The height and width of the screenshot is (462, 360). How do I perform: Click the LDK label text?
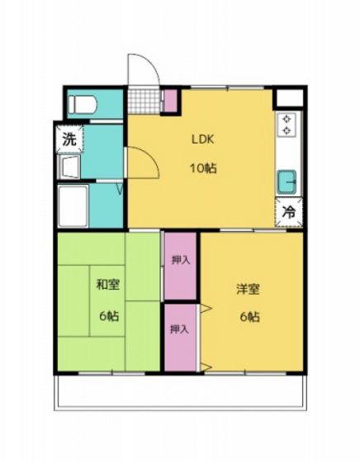(203, 139)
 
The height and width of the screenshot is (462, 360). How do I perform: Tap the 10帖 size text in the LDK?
(204, 169)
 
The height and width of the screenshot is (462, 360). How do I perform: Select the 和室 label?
(107, 285)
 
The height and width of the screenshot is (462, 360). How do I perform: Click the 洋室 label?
(249, 290)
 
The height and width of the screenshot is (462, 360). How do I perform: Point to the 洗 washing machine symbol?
(69, 139)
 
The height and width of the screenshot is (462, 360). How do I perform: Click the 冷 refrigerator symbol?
(289, 211)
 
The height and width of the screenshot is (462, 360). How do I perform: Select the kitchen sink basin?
(288, 181)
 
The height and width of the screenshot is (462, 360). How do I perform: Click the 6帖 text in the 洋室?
(249, 318)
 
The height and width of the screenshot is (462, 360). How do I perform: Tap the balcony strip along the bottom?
(180, 391)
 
